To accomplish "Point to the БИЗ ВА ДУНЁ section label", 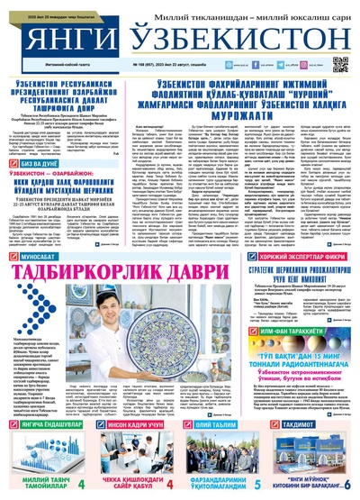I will (x=40, y=154).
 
